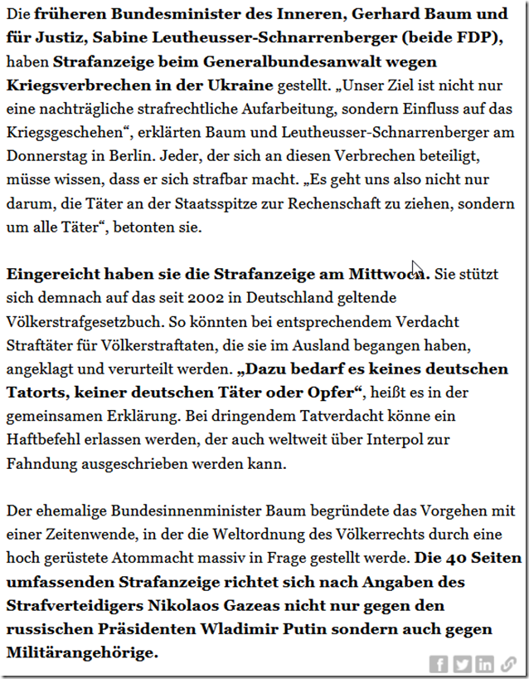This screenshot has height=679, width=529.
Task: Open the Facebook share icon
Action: tap(439, 664)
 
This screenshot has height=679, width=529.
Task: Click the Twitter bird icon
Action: tap(463, 664)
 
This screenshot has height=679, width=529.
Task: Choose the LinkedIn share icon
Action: tap(485, 664)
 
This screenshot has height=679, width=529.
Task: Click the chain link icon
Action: tap(508, 664)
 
